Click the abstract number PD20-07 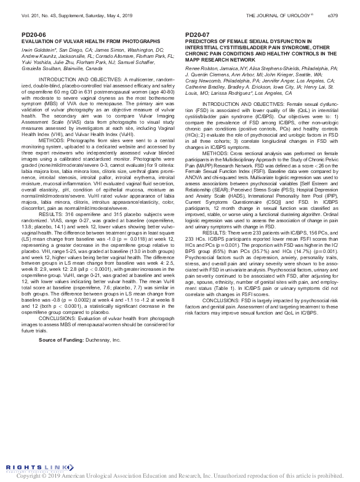coord(197,36)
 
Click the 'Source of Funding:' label coord(61,339)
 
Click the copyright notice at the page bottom coord(180,476)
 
